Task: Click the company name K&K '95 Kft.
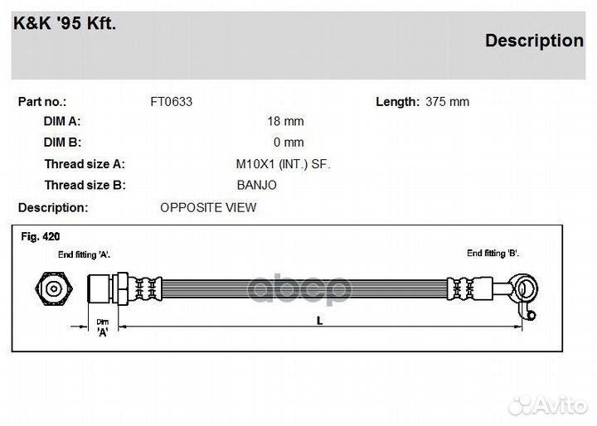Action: [x=65, y=23]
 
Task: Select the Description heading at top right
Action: [x=534, y=41]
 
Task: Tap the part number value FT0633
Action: [x=171, y=102]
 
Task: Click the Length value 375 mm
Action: [x=447, y=102]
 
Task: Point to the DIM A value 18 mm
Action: [x=285, y=121]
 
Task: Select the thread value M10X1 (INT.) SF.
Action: [x=283, y=164]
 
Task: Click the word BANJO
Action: [x=256, y=185]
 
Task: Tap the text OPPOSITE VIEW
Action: [x=208, y=207]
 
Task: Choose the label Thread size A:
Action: [x=85, y=164]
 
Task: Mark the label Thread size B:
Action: [x=85, y=185]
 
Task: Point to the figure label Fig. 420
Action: [x=41, y=237]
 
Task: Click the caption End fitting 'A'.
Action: [x=84, y=254]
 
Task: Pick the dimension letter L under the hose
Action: [x=320, y=322]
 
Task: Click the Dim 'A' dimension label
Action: [x=103, y=328]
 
